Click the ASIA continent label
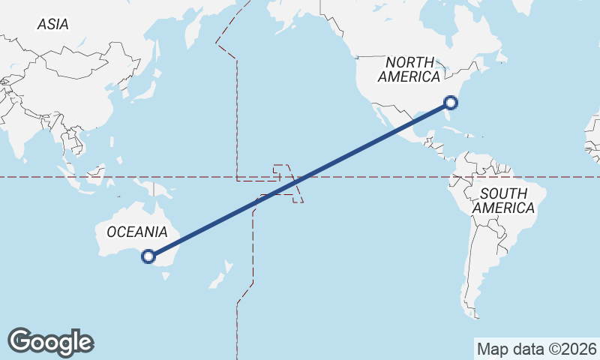point(52,25)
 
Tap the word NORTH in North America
point(409,62)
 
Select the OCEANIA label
point(136,232)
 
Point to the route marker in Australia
point(148,256)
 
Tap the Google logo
point(50,342)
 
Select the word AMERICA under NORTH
point(409,76)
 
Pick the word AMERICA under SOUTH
point(504,208)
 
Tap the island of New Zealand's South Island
point(214,282)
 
